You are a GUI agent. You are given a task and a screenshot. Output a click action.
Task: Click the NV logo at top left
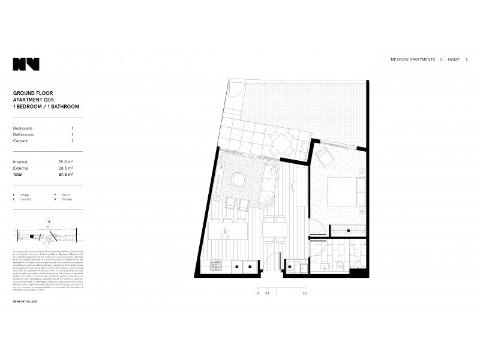pyautogui.click(x=26, y=64)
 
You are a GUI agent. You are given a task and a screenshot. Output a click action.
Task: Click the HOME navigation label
pyautogui.click(x=454, y=60)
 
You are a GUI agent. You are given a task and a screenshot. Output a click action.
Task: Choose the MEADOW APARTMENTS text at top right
pyautogui.click(x=413, y=60)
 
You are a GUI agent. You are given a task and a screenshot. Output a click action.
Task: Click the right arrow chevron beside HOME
pyautogui.click(x=466, y=60)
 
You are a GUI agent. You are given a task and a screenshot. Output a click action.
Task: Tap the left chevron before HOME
pyautogui.click(x=442, y=60)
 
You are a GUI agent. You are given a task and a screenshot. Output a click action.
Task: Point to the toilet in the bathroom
pyautogui.click(x=341, y=265)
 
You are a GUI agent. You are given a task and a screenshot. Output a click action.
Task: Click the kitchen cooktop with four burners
pyautogui.click(x=215, y=265)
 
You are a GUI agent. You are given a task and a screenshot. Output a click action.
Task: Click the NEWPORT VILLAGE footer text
pyautogui.click(x=25, y=318)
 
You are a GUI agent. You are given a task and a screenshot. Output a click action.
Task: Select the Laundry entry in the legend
pyautogui.click(x=23, y=199)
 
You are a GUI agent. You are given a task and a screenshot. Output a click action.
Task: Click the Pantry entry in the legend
pyautogui.click(x=65, y=195)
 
